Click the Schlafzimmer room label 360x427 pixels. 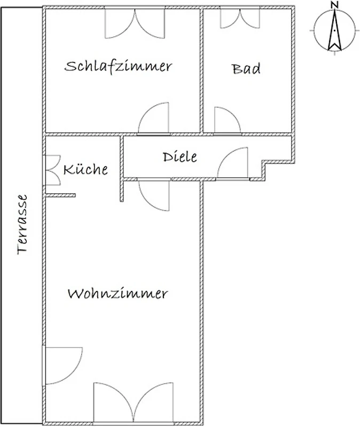point(118,67)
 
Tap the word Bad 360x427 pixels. point(246,69)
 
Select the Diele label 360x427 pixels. point(180,156)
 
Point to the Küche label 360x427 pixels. point(85,169)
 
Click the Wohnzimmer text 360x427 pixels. point(118,294)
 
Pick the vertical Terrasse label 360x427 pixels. point(22,224)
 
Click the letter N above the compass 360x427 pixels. point(335,5)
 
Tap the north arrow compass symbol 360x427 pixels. point(335,30)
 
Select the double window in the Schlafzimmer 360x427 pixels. point(135,23)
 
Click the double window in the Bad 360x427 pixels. point(240,18)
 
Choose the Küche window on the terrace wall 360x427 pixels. point(52,170)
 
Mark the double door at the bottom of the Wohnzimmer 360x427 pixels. point(133,403)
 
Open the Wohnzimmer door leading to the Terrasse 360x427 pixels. point(62,366)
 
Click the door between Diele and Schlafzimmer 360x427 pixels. point(154,118)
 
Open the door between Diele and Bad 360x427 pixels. point(228,121)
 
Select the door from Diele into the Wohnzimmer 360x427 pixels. point(154,194)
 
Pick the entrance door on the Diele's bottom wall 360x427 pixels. point(232,163)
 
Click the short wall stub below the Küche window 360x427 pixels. point(60,195)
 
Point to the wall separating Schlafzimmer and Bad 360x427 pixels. point(202,71)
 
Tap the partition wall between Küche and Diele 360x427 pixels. point(122,169)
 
